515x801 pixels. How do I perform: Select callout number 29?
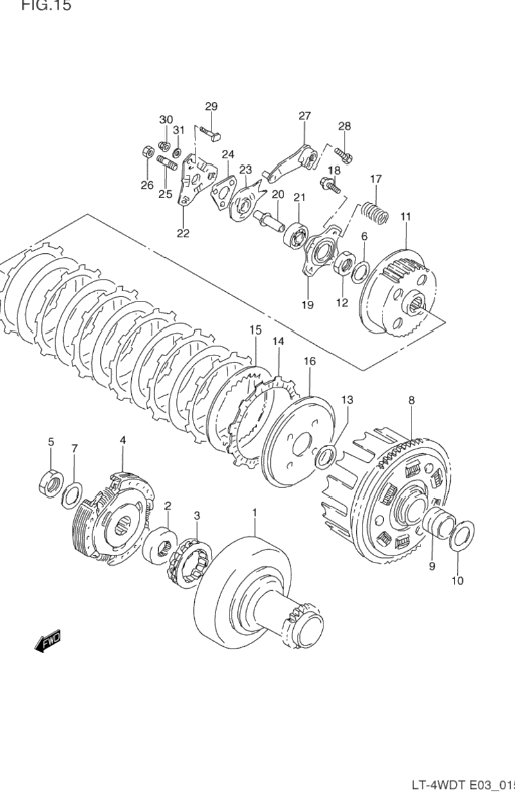point(211,107)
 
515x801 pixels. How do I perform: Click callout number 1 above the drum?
point(254,512)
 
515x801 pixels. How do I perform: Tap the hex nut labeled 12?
point(343,264)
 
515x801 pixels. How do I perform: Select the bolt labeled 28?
point(343,154)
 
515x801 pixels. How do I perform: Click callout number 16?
point(309,362)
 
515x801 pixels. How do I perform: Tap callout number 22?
point(183,233)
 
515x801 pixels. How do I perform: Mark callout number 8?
point(411,401)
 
